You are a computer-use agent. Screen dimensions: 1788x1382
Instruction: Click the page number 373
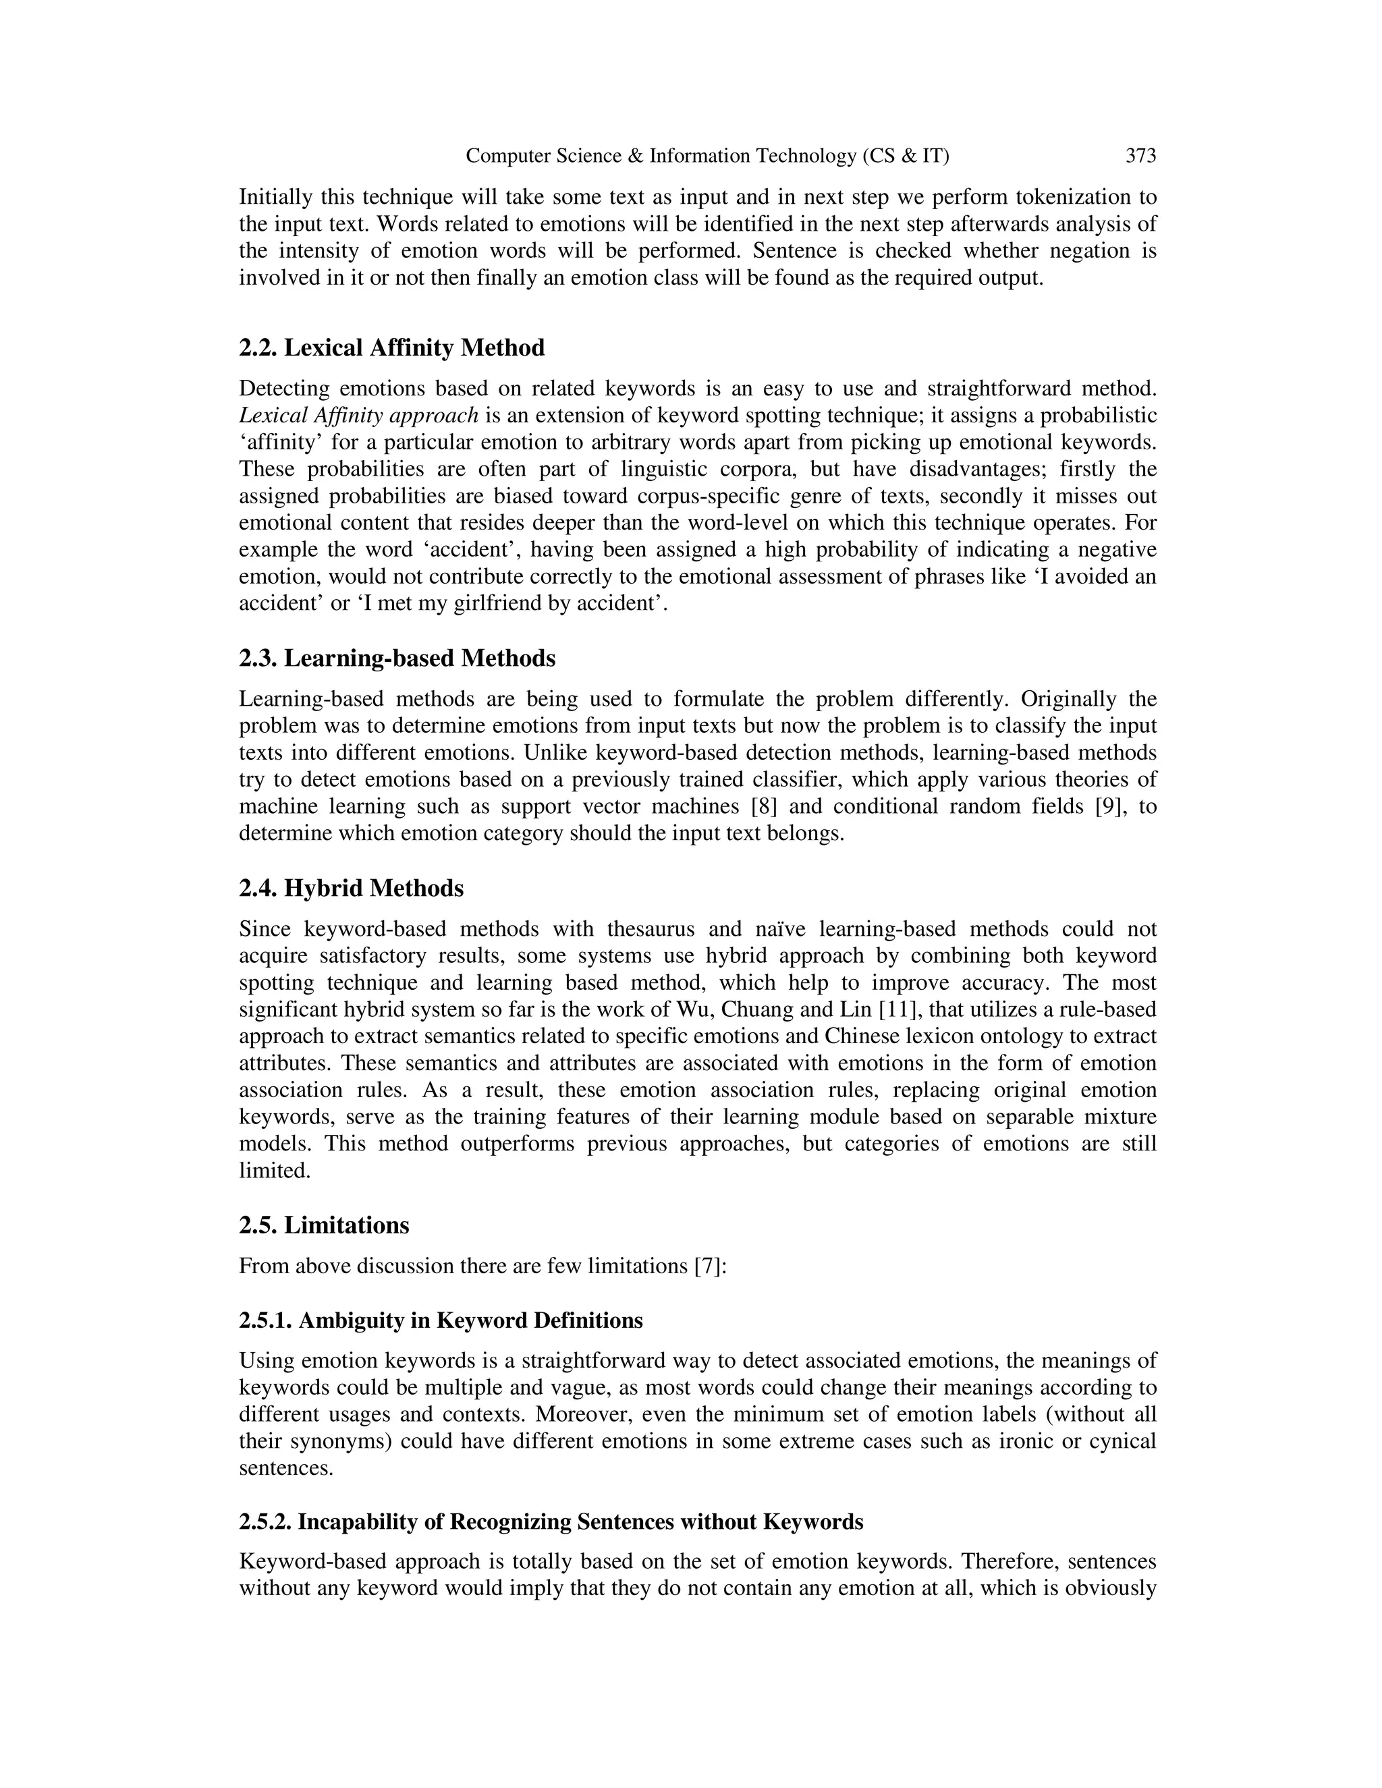(x=1140, y=156)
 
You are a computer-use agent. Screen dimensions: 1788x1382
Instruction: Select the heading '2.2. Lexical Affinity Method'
(x=391, y=348)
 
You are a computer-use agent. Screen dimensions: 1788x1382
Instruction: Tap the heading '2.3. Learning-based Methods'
(x=397, y=659)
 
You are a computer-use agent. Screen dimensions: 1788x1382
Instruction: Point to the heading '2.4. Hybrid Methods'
(x=351, y=889)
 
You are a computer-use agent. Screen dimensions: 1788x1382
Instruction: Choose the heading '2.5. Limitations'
(x=323, y=1225)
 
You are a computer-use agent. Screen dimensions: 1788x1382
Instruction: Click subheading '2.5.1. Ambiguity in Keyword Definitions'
(x=441, y=1320)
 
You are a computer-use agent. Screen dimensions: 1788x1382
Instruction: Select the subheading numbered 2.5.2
(x=551, y=1522)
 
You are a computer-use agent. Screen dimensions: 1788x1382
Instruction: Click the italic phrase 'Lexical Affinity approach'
(x=358, y=415)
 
